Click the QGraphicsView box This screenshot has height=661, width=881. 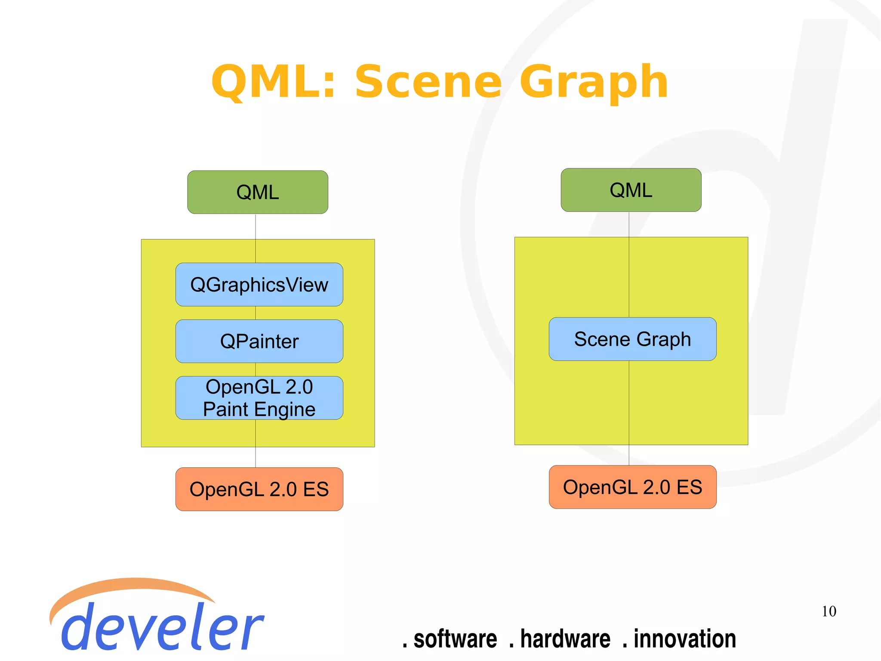(259, 285)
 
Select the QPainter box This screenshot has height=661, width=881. (259, 341)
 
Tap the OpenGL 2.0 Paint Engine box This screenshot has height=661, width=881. (259, 398)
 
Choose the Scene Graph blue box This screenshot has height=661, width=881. (632, 339)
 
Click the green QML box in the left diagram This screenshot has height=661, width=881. (258, 192)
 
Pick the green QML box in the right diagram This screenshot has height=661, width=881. (631, 190)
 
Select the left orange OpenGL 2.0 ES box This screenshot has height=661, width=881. (259, 489)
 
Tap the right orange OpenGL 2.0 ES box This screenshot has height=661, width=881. (632, 487)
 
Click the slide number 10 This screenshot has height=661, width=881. (829, 611)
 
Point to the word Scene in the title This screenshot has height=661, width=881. (428, 82)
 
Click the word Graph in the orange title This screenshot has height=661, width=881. (594, 82)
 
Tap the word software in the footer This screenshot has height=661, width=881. (455, 639)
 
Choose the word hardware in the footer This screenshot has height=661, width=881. (565, 639)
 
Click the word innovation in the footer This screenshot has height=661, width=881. (684, 639)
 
